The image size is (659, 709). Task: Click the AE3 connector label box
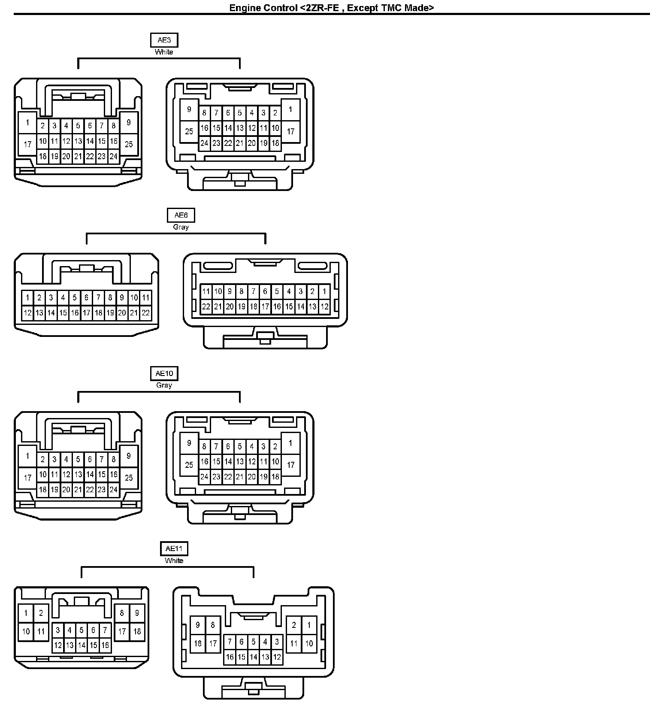point(164,40)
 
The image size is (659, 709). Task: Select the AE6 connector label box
point(181,215)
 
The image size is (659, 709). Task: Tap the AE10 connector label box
point(164,373)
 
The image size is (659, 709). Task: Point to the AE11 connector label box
point(174,548)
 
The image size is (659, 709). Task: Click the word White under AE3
point(164,52)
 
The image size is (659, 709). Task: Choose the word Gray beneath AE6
point(181,227)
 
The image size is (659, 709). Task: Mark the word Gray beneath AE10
point(164,385)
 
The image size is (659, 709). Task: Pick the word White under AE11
point(174,561)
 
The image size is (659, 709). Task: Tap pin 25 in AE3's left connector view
point(129,144)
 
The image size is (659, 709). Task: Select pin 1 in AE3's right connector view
point(290,109)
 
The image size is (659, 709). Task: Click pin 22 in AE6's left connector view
point(145,313)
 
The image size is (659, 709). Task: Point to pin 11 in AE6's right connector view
point(206,291)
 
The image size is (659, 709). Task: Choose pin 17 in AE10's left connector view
point(27,478)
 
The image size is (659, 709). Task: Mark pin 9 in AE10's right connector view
point(189,443)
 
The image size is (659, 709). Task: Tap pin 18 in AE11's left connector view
point(137,631)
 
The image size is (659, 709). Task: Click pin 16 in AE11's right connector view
point(230,657)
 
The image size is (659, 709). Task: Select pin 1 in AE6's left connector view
point(27,297)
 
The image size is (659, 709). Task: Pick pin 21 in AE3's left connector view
point(78,156)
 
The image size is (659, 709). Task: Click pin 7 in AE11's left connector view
point(105,630)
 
